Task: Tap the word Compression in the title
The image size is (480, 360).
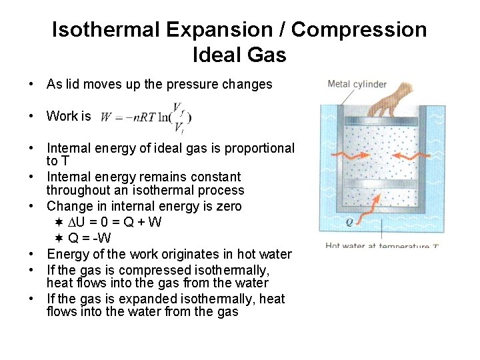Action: (x=359, y=30)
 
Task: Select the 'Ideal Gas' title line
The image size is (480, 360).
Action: (x=239, y=55)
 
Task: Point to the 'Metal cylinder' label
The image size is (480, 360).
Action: (x=357, y=84)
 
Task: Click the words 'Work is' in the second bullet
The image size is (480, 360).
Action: (x=68, y=116)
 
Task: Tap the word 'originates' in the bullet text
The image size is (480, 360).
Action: (x=185, y=254)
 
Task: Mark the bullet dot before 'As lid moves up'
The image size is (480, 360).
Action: (x=31, y=85)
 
